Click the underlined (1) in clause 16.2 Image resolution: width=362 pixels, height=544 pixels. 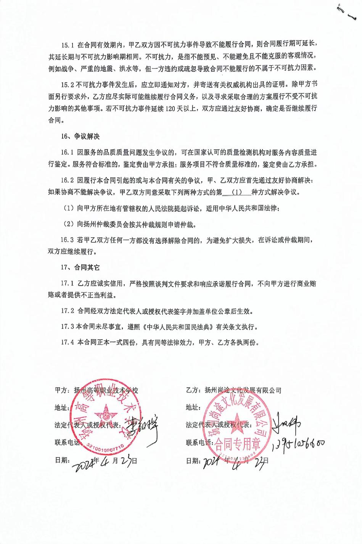coord(237,192)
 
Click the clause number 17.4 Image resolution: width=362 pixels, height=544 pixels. coord(68,342)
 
